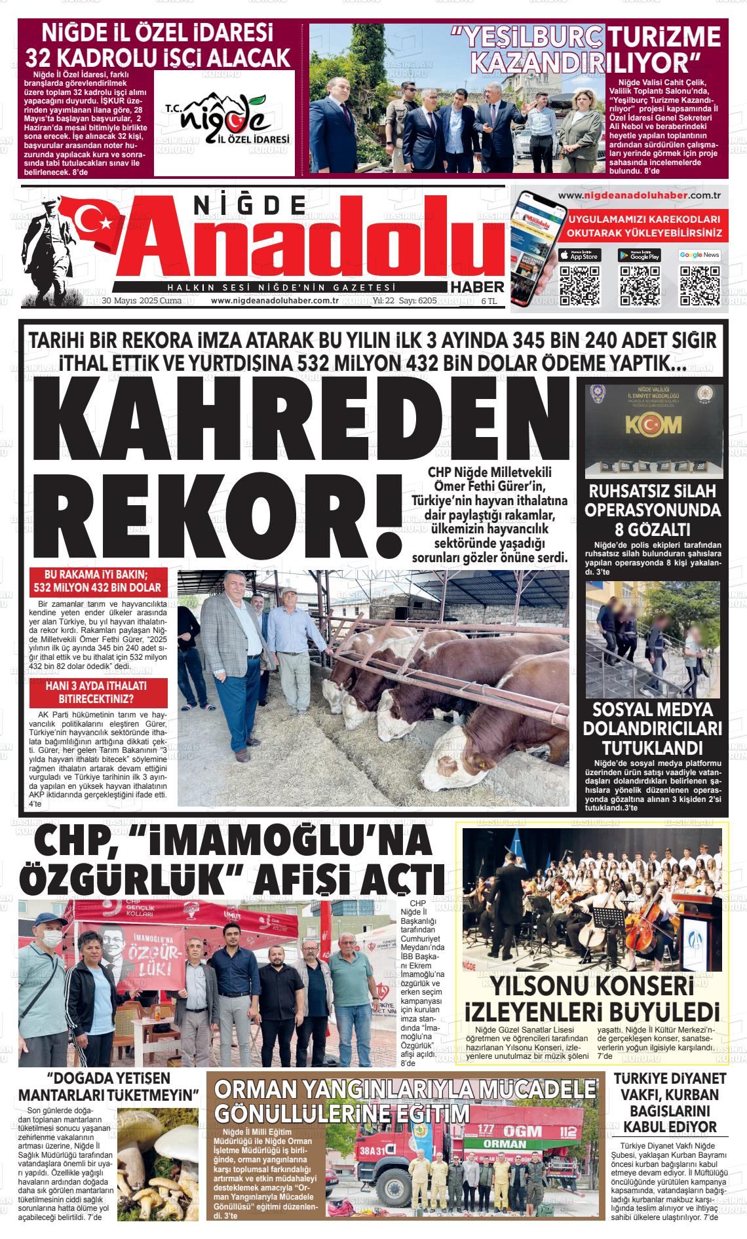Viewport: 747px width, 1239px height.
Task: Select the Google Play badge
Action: [639, 255]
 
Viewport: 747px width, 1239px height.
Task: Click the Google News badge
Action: [699, 255]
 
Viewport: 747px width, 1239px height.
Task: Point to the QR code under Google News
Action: [699, 286]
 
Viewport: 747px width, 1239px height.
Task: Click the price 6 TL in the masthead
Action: [489, 301]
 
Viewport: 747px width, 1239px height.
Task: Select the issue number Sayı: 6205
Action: [418, 301]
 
